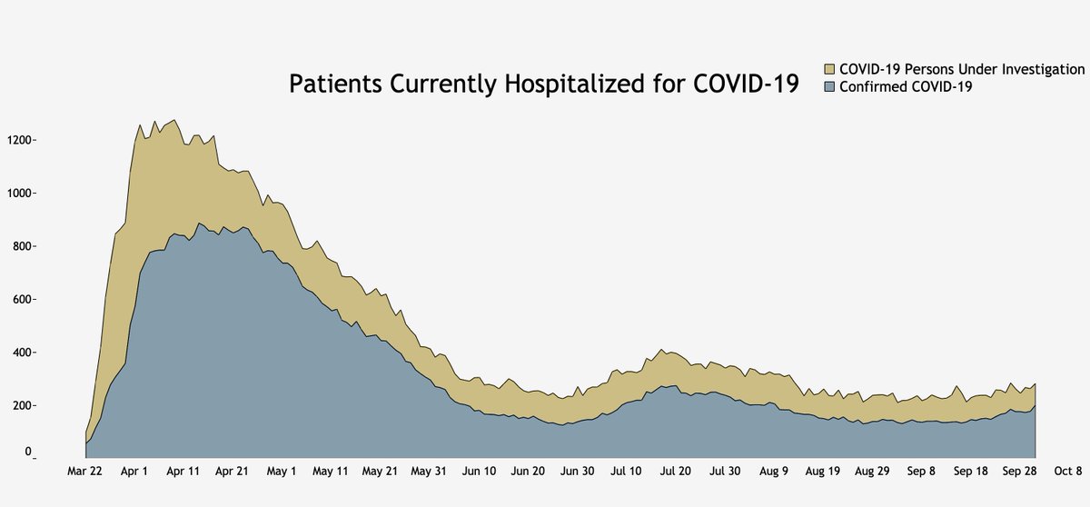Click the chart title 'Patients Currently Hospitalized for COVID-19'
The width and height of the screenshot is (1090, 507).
point(543,84)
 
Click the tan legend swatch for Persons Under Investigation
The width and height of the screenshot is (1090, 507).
point(829,70)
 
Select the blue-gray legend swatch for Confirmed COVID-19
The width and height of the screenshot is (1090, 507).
point(829,87)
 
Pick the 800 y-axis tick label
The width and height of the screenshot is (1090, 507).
point(21,246)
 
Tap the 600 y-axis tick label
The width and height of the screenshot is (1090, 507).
point(21,299)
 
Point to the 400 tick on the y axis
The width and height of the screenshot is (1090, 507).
point(21,353)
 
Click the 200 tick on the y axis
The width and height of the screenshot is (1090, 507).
point(21,405)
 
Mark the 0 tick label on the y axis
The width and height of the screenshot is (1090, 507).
point(29,452)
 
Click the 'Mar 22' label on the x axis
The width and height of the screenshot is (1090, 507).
point(85,472)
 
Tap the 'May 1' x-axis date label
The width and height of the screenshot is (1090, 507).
point(282,472)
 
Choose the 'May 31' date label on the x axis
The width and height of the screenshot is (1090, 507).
point(429,472)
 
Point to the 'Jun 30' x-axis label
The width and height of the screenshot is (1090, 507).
point(577,472)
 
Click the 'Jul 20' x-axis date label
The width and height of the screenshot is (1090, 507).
point(675,472)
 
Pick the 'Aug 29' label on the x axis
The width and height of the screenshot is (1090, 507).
point(871,472)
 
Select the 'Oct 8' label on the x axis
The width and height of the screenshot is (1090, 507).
point(1068,472)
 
